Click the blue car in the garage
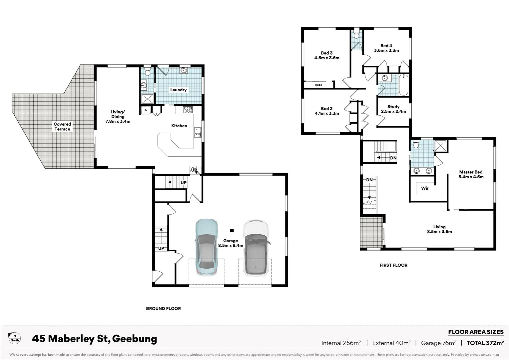(x=206, y=247)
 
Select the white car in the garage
(x=255, y=247)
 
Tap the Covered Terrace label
(x=62, y=127)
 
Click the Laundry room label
(x=178, y=90)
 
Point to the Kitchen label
(x=179, y=126)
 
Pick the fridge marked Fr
(x=146, y=110)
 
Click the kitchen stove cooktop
(x=188, y=110)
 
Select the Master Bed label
(x=471, y=172)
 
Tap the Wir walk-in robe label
(x=425, y=188)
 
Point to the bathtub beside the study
(x=403, y=85)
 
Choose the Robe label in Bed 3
(x=318, y=85)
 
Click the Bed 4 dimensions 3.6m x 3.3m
(x=386, y=50)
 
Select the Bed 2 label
(x=326, y=108)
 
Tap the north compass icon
(x=14, y=338)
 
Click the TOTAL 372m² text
(x=485, y=343)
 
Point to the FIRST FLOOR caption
(x=393, y=265)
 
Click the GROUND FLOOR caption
(x=163, y=309)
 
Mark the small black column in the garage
(x=232, y=230)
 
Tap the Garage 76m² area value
(x=438, y=343)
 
